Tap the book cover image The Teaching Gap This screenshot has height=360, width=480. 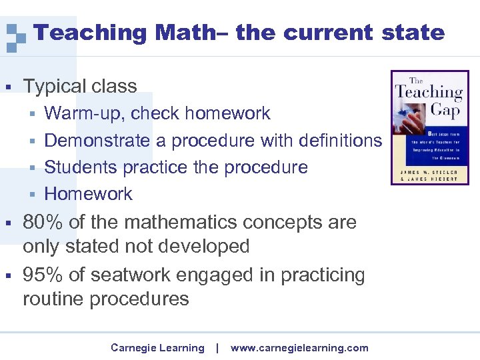[x=429, y=127]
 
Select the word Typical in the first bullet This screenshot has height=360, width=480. [x=54, y=86]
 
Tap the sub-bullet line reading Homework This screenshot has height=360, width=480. [x=88, y=194]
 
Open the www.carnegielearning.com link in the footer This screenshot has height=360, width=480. [x=299, y=348]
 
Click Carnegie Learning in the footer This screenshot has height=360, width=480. [x=157, y=348]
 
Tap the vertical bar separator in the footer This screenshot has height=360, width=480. [x=217, y=348]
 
